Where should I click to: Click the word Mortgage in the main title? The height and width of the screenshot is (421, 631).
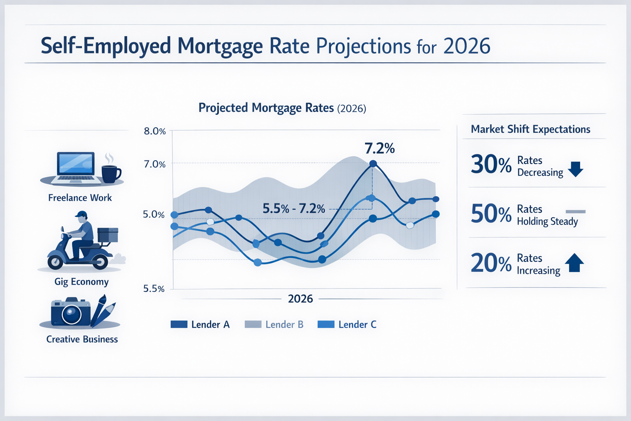(220, 46)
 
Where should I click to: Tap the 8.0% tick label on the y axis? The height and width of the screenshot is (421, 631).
(154, 132)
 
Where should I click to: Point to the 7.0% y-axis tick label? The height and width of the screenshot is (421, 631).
(154, 164)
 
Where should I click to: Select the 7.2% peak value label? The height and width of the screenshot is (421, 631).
(380, 148)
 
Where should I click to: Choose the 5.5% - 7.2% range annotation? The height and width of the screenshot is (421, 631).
(294, 209)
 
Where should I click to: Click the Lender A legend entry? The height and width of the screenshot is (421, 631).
(200, 324)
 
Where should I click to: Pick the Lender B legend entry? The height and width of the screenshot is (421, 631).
(274, 324)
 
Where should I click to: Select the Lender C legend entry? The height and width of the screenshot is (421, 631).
(347, 324)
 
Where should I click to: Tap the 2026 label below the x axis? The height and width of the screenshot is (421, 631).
(300, 299)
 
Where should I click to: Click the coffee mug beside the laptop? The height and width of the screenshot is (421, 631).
(110, 173)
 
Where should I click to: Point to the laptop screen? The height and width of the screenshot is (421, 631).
(76, 164)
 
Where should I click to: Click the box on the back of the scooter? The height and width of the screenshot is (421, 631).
(108, 235)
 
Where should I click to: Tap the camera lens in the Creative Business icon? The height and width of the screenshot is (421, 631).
(71, 315)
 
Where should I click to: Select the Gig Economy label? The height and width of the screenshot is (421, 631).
(81, 282)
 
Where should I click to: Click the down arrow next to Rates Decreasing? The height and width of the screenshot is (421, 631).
(576, 169)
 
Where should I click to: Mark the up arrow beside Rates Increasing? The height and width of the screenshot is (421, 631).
(574, 263)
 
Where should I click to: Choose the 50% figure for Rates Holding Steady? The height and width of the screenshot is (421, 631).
(491, 214)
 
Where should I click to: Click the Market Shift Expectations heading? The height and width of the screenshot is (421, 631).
(530, 129)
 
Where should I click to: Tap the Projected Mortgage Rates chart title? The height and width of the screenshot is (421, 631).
(282, 108)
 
